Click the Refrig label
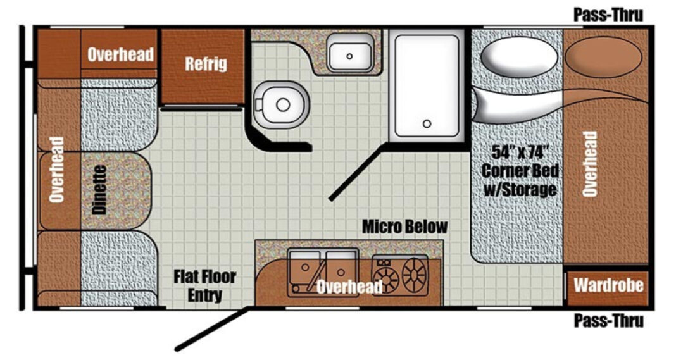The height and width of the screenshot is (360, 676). (x=206, y=64)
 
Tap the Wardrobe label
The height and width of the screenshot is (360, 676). (x=608, y=285)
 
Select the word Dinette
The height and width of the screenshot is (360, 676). (x=99, y=190)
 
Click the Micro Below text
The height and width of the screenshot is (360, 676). (x=404, y=227)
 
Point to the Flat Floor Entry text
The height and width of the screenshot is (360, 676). (x=205, y=286)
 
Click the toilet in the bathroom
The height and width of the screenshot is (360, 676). (x=281, y=104)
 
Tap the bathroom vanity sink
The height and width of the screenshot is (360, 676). (x=349, y=53)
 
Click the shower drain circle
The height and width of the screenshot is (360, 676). (x=427, y=124)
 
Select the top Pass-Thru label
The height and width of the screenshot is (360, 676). (x=608, y=15)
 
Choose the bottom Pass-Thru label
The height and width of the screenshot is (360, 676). (x=608, y=321)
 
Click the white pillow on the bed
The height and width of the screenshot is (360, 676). (x=519, y=56)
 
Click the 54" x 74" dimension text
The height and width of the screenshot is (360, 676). (x=520, y=152)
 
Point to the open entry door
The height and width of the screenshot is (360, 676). (x=213, y=329)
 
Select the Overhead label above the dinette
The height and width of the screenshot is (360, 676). (x=120, y=55)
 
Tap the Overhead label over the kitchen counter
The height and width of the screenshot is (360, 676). (x=349, y=286)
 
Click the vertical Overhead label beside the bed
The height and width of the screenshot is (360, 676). (x=590, y=164)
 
